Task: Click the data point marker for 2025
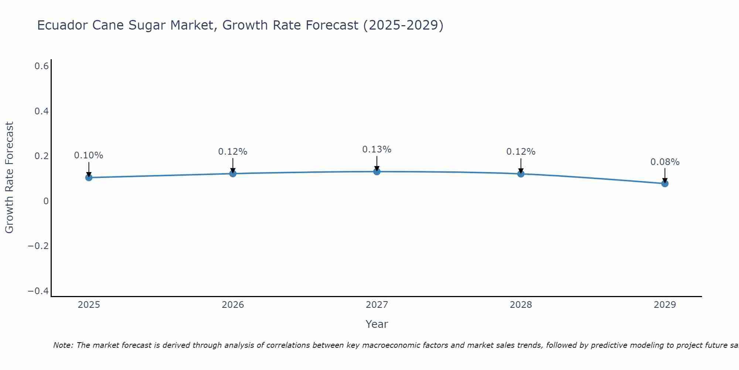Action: pyautogui.click(x=89, y=178)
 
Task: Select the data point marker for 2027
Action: pyautogui.click(x=377, y=171)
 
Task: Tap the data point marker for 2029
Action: pyautogui.click(x=665, y=183)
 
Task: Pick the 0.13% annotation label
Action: pyautogui.click(x=377, y=149)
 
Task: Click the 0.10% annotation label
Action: pyautogui.click(x=89, y=155)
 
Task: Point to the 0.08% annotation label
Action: pyautogui.click(x=665, y=162)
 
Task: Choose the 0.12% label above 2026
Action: pyautogui.click(x=232, y=152)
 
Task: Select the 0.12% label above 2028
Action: pyautogui.click(x=521, y=152)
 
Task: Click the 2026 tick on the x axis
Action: pyautogui.click(x=233, y=305)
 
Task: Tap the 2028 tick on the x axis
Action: pyautogui.click(x=521, y=305)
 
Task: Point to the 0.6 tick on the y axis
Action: pyautogui.click(x=42, y=66)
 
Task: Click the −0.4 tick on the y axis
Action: pyautogui.click(x=38, y=291)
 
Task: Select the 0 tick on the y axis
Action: pyautogui.click(x=46, y=201)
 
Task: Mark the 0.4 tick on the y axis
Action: pyautogui.click(x=42, y=111)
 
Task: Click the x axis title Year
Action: pyautogui.click(x=377, y=324)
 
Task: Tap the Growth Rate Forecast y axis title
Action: pyautogui.click(x=10, y=178)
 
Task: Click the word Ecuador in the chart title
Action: pyautogui.click(x=62, y=25)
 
